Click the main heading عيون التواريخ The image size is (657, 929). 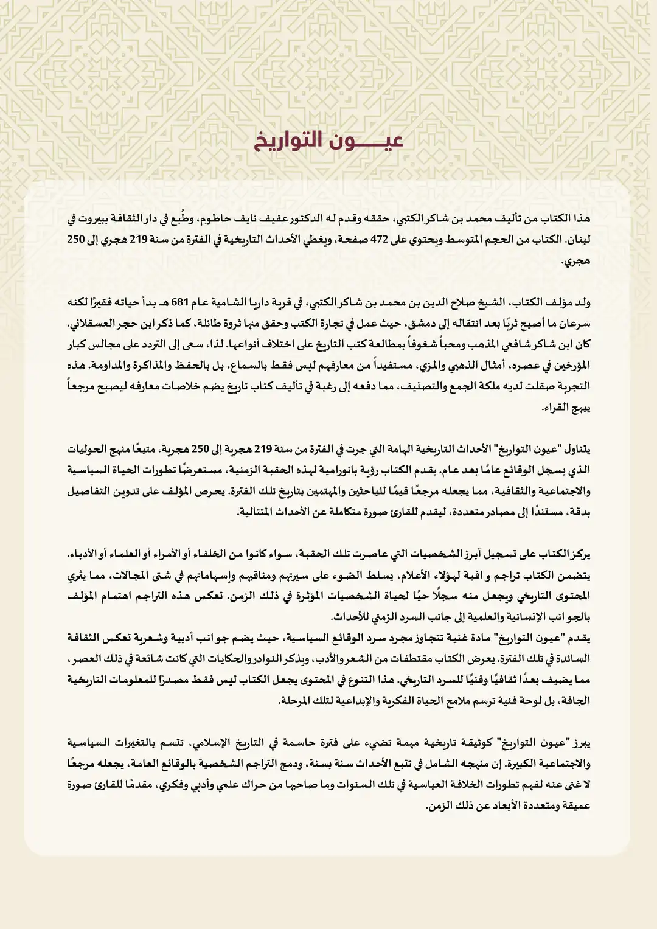point(328,141)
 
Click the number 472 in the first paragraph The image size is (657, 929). point(380,240)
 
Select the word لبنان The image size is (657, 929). point(578,240)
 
